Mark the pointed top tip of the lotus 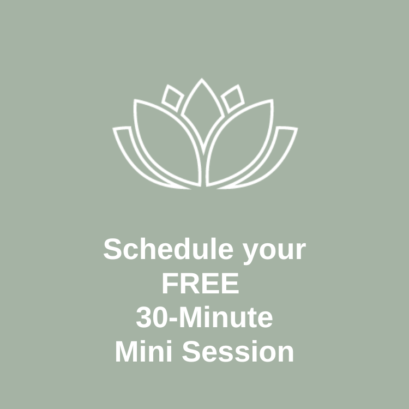pos(202,78)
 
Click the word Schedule pos(169,249)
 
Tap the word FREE pos(201,283)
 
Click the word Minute pos(226,317)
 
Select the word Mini pos(144,351)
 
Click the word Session pos(238,352)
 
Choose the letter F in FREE pos(171,283)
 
